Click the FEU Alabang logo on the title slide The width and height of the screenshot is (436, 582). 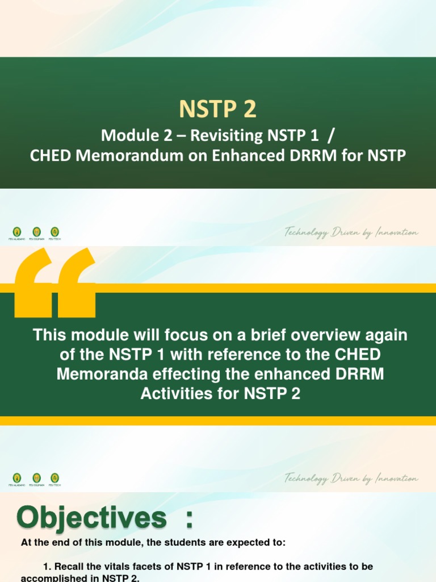[x=17, y=232]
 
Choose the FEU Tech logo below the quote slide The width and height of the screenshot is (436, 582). [x=55, y=479]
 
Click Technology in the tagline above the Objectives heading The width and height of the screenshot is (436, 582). [x=307, y=479]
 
